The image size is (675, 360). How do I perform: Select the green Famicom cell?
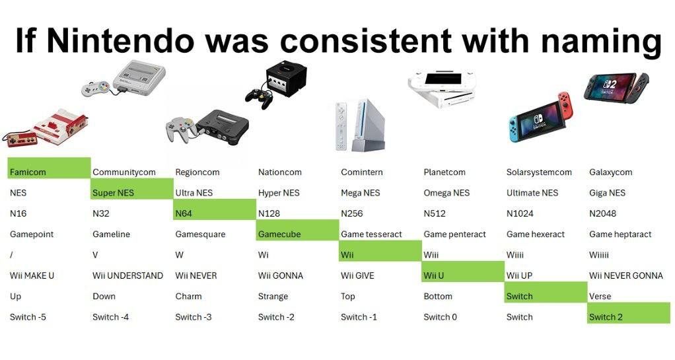[49, 169]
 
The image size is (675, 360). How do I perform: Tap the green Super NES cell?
[131, 190]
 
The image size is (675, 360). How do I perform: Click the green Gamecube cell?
[297, 231]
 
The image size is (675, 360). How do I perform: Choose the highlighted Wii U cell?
[462, 272]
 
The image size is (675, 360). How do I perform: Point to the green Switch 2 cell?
[628, 314]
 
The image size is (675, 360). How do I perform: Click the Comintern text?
[361, 172]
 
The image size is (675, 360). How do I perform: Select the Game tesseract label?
[371, 234]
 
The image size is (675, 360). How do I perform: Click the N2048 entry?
[605, 214]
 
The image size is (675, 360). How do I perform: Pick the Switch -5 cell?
[28, 317]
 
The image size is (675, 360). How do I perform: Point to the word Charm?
[188, 297]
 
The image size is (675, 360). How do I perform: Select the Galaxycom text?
[610, 172]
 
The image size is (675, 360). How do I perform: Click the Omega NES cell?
[446, 193]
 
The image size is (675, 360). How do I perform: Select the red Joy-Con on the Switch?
[565, 108]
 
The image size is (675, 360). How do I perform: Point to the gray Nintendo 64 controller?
[179, 127]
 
